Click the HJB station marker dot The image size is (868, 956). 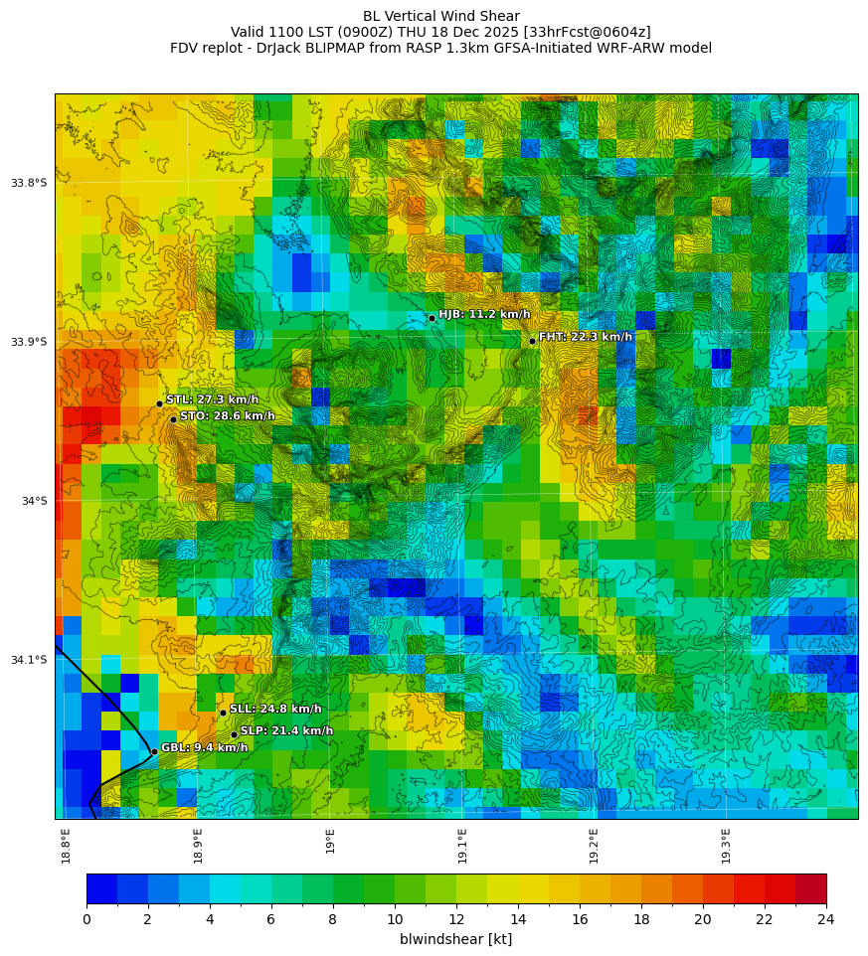[432, 318]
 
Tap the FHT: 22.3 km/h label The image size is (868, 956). [585, 337]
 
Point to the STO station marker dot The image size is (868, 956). [173, 419]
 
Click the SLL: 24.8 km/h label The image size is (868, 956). [275, 710]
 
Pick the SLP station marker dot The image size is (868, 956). [234, 735]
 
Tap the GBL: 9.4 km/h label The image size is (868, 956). [204, 748]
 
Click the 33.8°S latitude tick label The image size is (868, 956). [29, 183]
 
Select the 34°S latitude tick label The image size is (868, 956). [34, 501]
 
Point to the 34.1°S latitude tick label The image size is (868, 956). [29, 660]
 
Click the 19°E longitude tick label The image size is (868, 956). [330, 841]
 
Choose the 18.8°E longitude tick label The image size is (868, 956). [66, 846]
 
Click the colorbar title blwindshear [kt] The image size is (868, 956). [455, 939]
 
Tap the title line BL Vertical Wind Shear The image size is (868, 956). [440, 16]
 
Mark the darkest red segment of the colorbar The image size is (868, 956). [810, 888]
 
